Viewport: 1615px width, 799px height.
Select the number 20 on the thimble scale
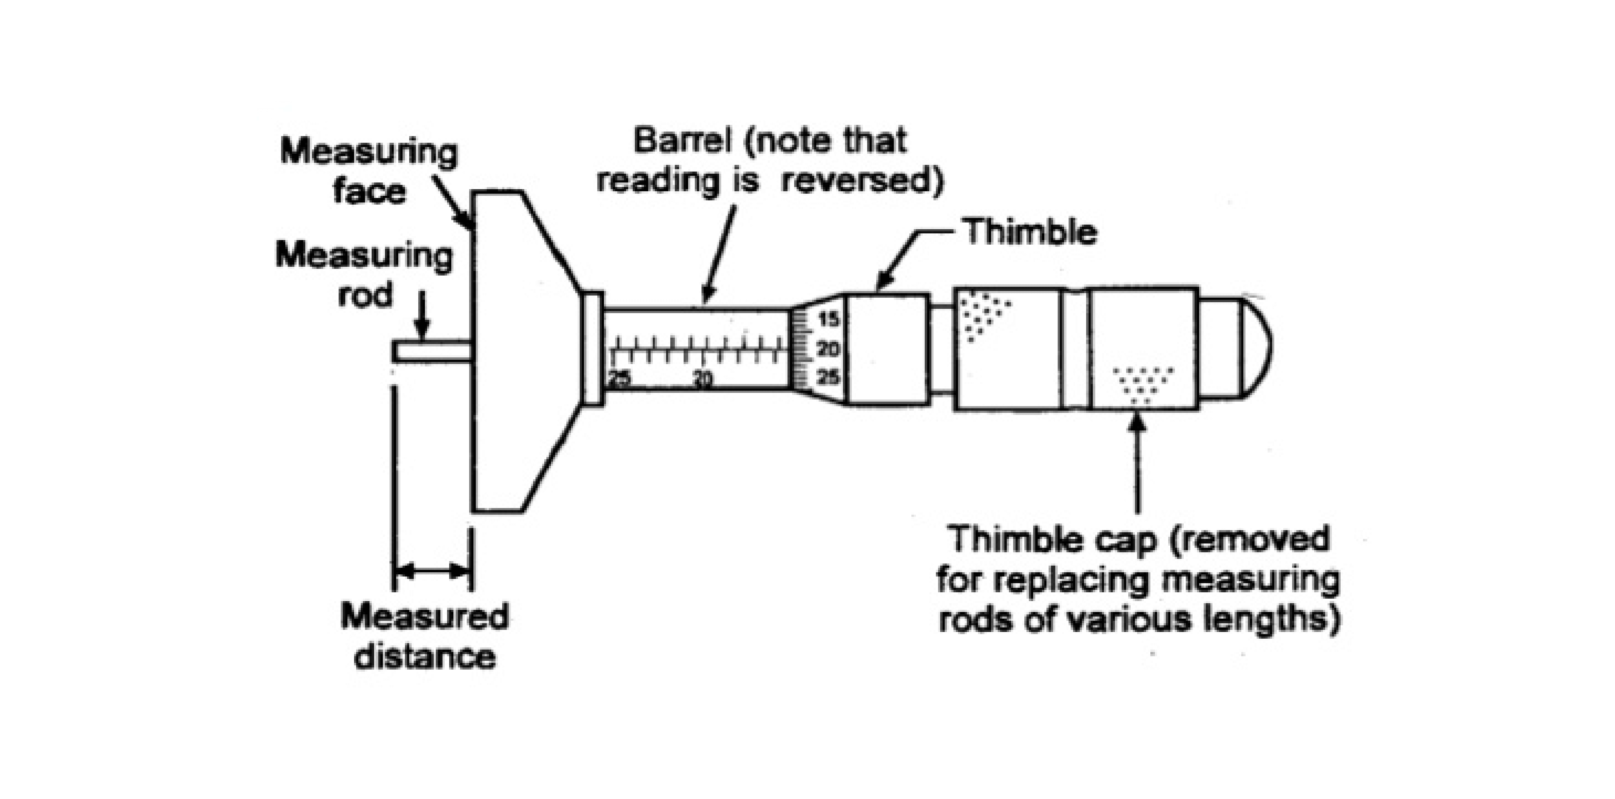829,349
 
